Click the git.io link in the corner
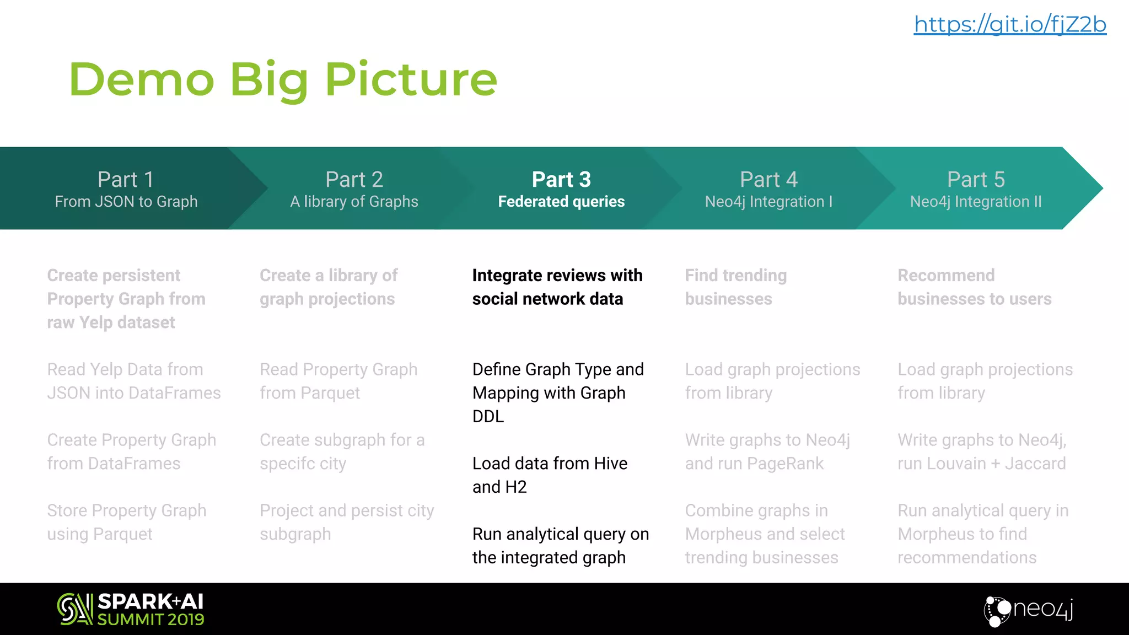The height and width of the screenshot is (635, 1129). (x=1010, y=25)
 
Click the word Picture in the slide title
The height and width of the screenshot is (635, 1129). (x=411, y=79)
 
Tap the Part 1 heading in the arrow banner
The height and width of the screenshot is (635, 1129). (x=126, y=180)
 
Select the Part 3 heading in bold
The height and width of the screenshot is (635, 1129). (x=561, y=180)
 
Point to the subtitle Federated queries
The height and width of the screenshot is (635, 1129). (x=561, y=202)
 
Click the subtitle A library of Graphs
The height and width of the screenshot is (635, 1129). (x=354, y=202)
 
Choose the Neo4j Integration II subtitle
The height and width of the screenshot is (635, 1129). (x=976, y=202)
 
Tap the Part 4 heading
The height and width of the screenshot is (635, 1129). (x=768, y=180)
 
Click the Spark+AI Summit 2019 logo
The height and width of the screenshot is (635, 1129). (x=131, y=609)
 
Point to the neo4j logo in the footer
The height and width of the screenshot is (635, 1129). (x=1029, y=610)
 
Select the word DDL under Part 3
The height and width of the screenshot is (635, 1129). (x=488, y=416)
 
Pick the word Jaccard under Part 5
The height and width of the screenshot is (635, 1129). (x=1035, y=464)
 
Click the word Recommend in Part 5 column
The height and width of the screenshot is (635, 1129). (x=946, y=276)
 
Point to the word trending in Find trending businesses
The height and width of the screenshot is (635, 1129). (x=755, y=276)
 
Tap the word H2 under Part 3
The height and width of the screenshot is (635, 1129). (x=516, y=487)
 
